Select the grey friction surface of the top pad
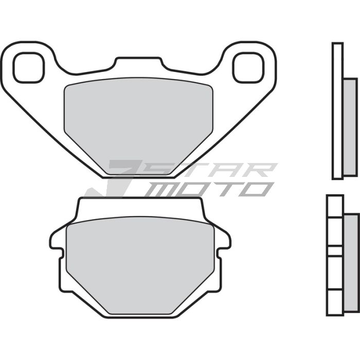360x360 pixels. pos(138,118)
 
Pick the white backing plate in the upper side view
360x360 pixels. pos(337,111)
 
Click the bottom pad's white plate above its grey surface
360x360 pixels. pos(139,208)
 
